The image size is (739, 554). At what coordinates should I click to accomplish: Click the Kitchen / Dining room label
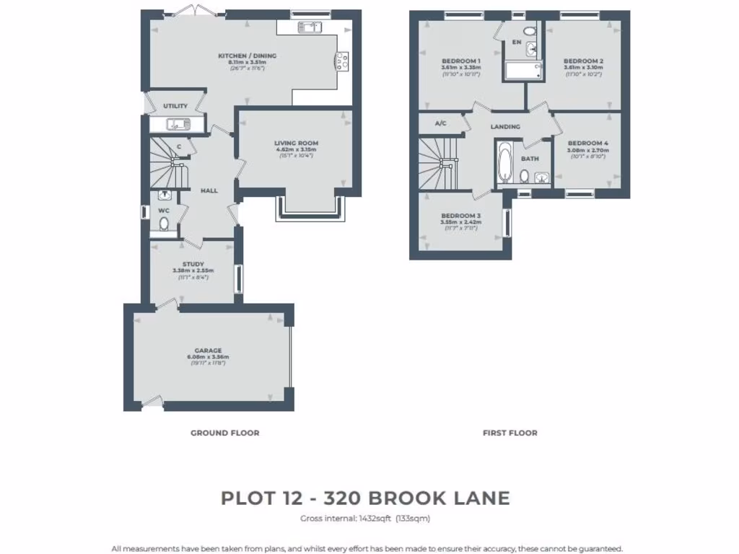[x=247, y=56]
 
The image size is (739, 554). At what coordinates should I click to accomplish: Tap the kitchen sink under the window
[x=310, y=27]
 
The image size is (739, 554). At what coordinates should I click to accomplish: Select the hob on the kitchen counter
[x=341, y=60]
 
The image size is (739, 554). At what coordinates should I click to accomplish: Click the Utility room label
[x=175, y=106]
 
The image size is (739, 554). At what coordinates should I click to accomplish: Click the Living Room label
[x=296, y=144]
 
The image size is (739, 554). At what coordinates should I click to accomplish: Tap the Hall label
[x=209, y=190]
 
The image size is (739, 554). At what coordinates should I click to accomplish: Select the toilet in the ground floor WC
[x=164, y=223]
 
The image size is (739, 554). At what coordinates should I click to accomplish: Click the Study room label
[x=193, y=264]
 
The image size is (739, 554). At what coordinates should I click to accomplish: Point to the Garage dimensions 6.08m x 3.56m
[x=208, y=357]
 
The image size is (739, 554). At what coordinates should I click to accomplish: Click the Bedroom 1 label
[x=460, y=61]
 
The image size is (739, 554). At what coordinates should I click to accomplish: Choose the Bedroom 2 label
[x=583, y=61]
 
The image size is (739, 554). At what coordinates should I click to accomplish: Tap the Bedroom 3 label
[x=460, y=216]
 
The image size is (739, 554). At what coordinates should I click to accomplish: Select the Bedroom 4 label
[x=587, y=144]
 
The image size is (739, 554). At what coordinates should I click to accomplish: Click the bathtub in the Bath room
[x=504, y=164]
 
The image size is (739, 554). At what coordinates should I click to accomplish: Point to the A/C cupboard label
[x=440, y=123]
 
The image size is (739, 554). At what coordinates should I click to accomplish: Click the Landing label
[x=505, y=127]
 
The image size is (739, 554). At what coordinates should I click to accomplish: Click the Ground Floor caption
[x=224, y=433]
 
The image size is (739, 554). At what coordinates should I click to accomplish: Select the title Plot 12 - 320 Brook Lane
[x=365, y=498]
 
